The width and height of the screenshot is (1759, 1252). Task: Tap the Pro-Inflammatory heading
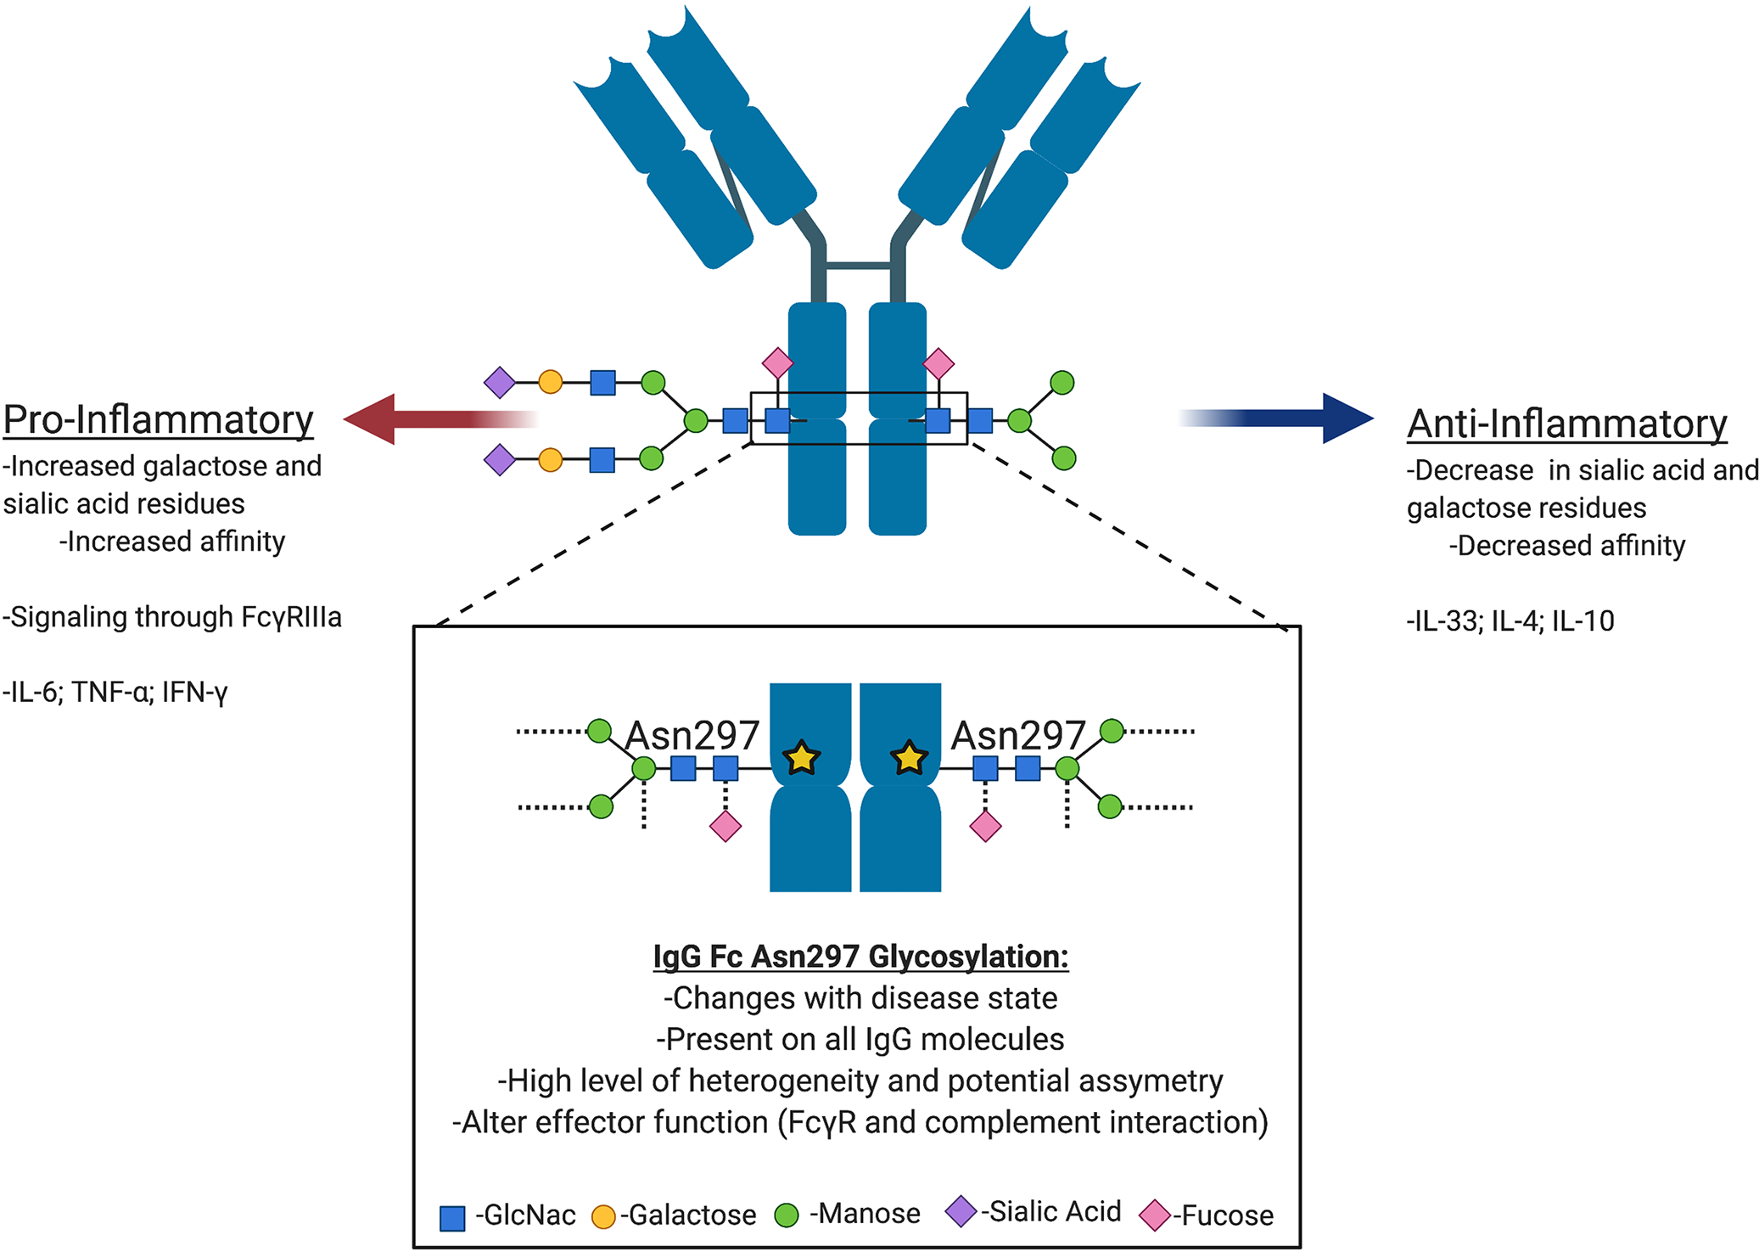[x=159, y=419]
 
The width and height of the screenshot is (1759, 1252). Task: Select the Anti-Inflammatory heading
[x=1566, y=424]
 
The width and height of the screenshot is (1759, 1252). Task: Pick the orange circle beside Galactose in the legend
[x=602, y=1216]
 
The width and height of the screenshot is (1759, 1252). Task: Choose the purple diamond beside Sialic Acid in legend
[x=961, y=1211]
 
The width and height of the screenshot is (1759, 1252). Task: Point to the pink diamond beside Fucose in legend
[x=1155, y=1216]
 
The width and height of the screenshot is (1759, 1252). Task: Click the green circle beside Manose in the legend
[x=787, y=1215]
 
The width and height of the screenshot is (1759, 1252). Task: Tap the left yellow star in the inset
[x=801, y=757]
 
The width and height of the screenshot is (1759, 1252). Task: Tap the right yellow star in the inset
[x=909, y=757]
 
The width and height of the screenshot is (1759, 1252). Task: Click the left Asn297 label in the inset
[x=692, y=735]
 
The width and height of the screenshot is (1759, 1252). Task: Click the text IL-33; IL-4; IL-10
[x=1510, y=621]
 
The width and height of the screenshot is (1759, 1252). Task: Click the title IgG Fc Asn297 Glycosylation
[x=860, y=957]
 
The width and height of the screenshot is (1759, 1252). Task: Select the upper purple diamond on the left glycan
[x=500, y=382]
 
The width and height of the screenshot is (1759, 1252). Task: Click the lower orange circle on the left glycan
[x=551, y=460]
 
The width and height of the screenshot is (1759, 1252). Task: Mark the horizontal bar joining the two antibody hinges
[x=858, y=266]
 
